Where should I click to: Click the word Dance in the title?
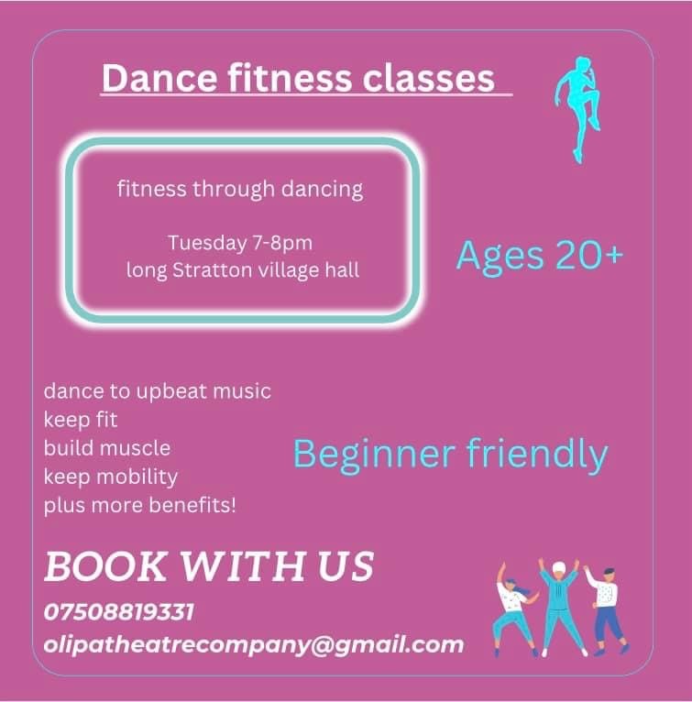[x=159, y=78]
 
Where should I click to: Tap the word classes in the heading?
[x=428, y=78]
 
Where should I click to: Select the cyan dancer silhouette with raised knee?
[x=577, y=109]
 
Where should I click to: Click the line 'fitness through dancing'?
[x=240, y=189]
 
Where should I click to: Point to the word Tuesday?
[x=208, y=243]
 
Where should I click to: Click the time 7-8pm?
[x=282, y=244]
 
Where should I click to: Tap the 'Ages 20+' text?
[x=540, y=256]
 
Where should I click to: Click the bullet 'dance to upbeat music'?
[x=158, y=391]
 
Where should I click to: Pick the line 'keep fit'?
[x=81, y=420]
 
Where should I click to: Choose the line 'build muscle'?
[x=107, y=448]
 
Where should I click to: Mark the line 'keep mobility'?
[x=111, y=477]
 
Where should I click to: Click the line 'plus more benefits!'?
[x=139, y=506]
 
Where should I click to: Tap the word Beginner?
[x=375, y=455]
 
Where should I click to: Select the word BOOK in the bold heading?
[x=105, y=566]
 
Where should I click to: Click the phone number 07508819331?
[x=118, y=612]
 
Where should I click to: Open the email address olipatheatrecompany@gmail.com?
[x=254, y=645]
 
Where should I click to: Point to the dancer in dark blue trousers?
[x=607, y=610]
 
